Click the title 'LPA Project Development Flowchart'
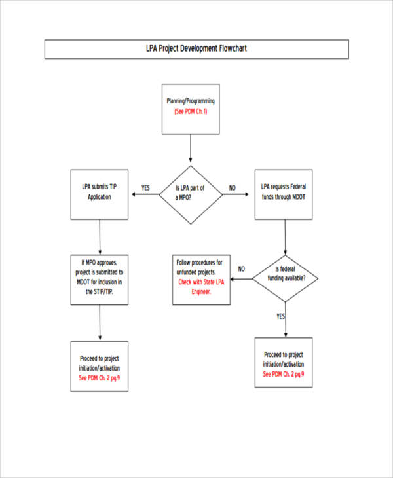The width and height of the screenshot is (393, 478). click(x=196, y=48)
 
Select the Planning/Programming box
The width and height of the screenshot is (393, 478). click(x=190, y=109)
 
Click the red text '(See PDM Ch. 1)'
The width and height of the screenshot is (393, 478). click(x=190, y=112)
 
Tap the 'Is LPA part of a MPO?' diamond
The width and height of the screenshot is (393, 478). click(x=191, y=194)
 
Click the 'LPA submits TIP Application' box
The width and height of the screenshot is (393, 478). click(x=100, y=194)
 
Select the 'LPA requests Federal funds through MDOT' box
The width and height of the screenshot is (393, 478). click(x=284, y=194)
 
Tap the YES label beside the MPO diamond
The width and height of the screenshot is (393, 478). click(x=145, y=188)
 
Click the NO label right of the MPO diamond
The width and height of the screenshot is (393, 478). click(x=232, y=188)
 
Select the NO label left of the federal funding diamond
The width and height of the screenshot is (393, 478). click(x=242, y=268)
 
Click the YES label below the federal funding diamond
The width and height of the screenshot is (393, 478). click(x=281, y=316)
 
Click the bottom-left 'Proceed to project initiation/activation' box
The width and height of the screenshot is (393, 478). click(x=100, y=367)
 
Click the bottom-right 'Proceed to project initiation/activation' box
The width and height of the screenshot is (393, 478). click(x=284, y=363)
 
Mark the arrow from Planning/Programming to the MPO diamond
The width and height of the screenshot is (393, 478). click(x=191, y=149)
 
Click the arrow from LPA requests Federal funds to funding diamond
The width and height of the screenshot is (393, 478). click(x=284, y=236)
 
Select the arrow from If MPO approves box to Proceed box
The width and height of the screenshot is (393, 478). click(x=100, y=323)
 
